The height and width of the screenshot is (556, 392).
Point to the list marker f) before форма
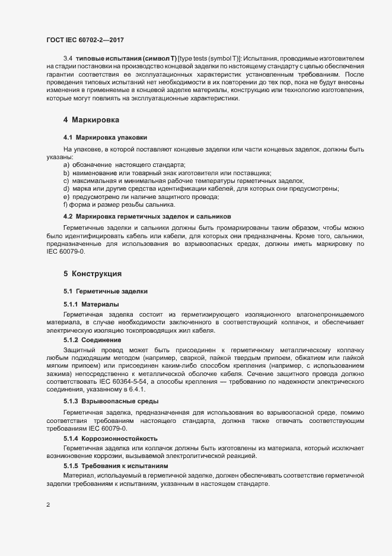coord(65,204)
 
